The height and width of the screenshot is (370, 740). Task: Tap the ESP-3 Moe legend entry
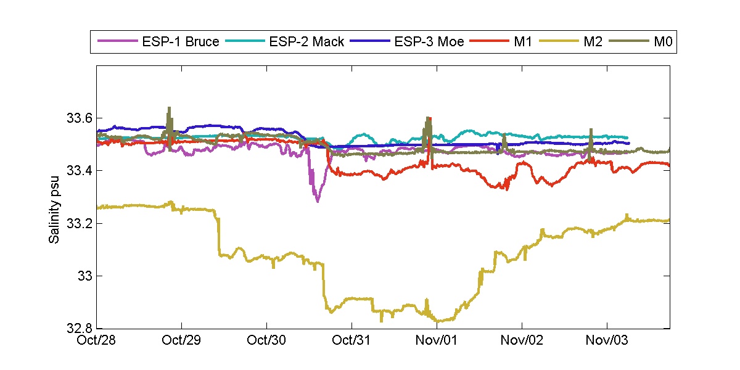pyautogui.click(x=430, y=42)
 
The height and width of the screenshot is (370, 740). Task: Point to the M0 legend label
pyautogui.click(x=662, y=42)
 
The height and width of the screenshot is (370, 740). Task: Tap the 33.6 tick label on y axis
pyautogui.click(x=78, y=118)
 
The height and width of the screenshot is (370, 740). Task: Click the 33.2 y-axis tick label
pyautogui.click(x=78, y=223)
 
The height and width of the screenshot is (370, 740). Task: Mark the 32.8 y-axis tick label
pyautogui.click(x=78, y=328)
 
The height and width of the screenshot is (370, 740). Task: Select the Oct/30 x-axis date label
pyautogui.click(x=266, y=340)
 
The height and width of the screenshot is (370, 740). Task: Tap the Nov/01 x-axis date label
pyautogui.click(x=437, y=340)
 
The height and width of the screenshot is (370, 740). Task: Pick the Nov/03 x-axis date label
pyautogui.click(x=607, y=340)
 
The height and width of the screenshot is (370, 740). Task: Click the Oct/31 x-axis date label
pyautogui.click(x=351, y=340)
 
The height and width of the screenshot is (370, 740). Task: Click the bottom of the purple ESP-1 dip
pyautogui.click(x=318, y=201)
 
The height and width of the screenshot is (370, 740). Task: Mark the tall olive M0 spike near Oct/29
pyautogui.click(x=169, y=109)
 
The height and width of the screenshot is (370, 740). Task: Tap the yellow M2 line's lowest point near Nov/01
pyautogui.click(x=439, y=321)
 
